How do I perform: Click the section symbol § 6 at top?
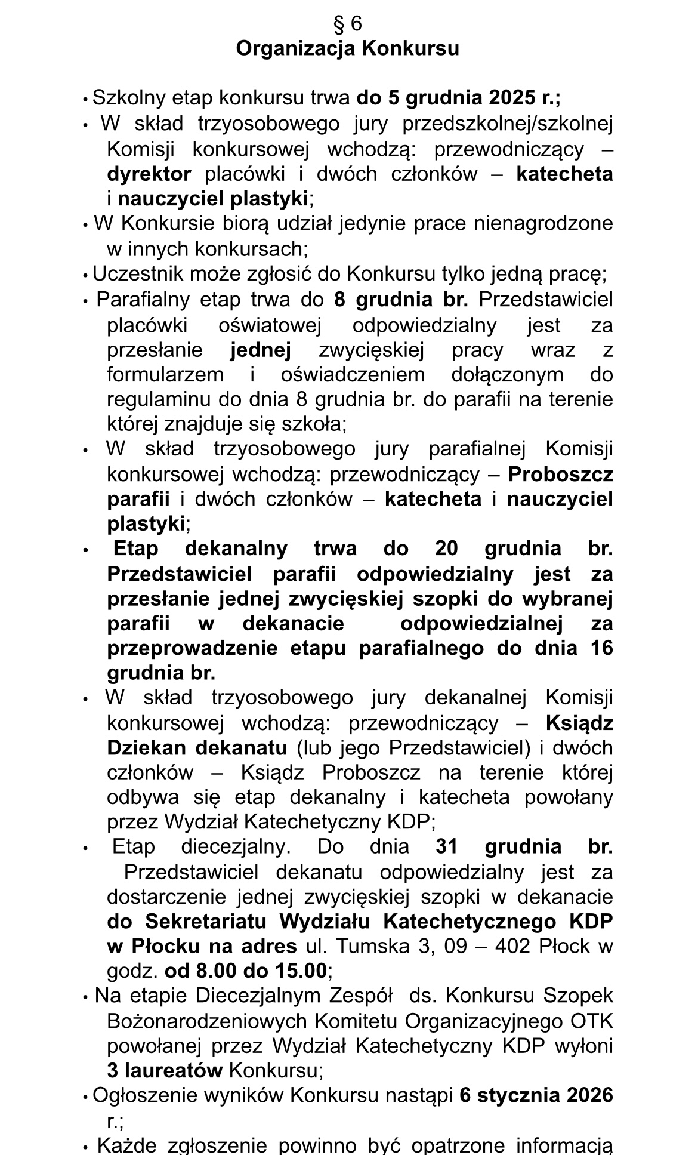coord(348,23)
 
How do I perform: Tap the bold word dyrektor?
coord(149,174)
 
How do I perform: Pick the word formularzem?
coord(165,374)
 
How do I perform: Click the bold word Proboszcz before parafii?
coord(560,474)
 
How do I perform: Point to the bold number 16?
coord(602,648)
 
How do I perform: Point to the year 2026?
coord(590,1095)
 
